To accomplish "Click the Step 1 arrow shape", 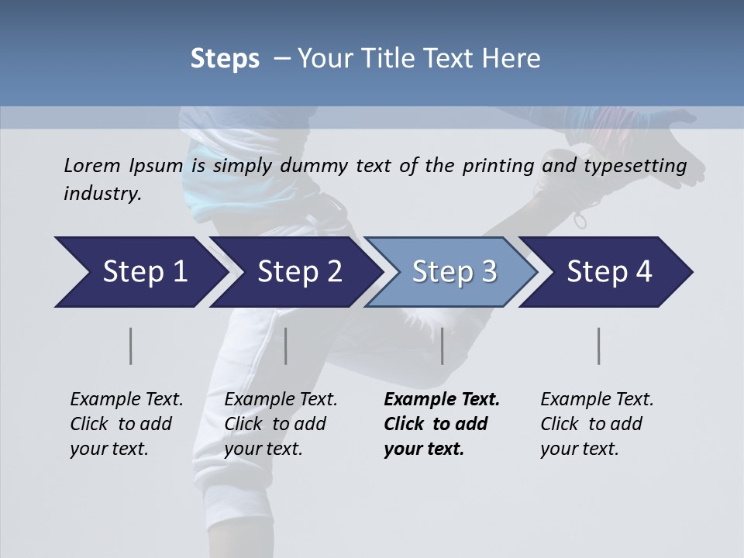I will tap(139, 272).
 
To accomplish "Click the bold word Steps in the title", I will tap(225, 59).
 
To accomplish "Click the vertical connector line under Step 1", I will tap(130, 346).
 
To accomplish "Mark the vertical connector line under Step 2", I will tap(286, 346).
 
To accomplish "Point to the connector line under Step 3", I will tap(443, 346).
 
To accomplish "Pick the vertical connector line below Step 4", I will tap(598, 346).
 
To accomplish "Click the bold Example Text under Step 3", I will tap(442, 400).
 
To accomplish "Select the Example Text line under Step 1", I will tap(126, 400).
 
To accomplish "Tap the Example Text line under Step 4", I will tap(597, 400).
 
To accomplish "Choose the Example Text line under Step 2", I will tap(281, 400).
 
